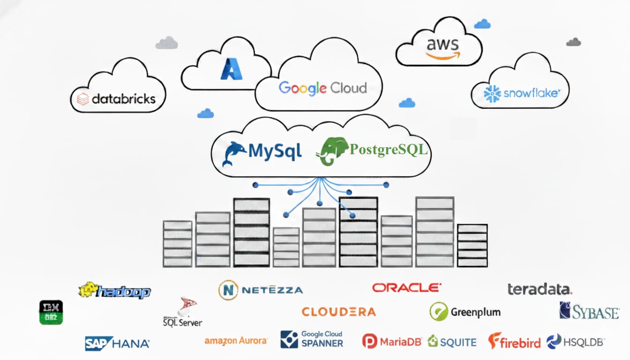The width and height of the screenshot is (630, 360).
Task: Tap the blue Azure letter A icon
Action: tap(231, 69)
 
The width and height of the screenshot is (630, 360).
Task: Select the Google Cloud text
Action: tap(322, 88)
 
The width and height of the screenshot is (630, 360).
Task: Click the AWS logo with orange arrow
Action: tap(442, 48)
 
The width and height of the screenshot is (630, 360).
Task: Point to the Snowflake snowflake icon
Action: tap(492, 94)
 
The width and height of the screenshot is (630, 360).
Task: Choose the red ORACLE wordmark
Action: tap(406, 287)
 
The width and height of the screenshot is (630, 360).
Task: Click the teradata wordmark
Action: tap(540, 289)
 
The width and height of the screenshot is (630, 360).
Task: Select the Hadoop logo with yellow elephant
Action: tap(115, 291)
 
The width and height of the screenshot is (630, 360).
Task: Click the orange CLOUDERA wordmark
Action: tap(338, 312)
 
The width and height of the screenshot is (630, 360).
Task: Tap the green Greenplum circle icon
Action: tap(439, 312)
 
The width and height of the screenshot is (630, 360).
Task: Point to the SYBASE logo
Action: tap(589, 311)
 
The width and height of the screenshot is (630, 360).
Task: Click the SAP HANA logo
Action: tap(117, 344)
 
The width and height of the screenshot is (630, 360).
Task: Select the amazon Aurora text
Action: tap(236, 341)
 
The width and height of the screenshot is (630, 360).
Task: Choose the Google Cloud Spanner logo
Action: tap(312, 339)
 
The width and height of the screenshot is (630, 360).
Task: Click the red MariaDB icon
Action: tap(370, 341)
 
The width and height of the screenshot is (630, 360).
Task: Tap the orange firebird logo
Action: tap(514, 341)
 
